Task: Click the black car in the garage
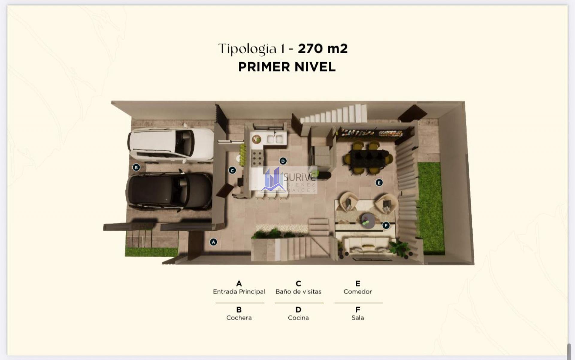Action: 170,191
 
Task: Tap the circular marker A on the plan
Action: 213,242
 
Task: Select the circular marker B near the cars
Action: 136,167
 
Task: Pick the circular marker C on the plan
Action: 232,170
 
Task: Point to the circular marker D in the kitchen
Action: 283,161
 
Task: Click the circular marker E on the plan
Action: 379,183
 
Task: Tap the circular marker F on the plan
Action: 386,225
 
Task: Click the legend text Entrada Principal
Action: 239,291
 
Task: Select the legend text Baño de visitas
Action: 298,291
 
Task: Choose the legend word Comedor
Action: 358,291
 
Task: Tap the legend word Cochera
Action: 239,318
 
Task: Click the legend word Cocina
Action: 298,318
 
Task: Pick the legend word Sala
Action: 358,318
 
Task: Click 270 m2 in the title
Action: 323,48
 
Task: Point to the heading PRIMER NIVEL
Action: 287,67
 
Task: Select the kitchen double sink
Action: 275,139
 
